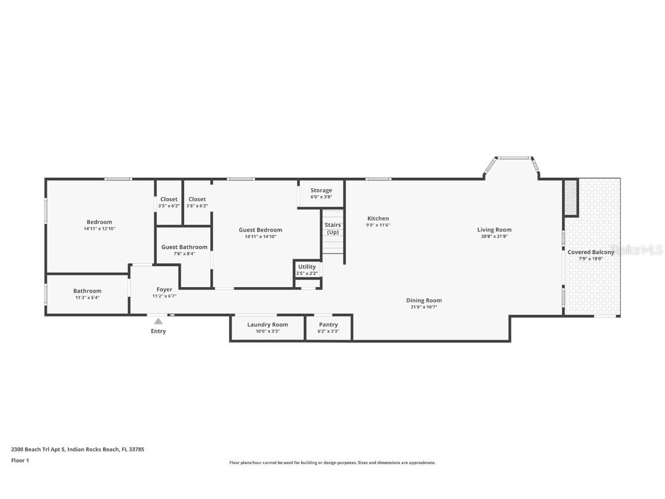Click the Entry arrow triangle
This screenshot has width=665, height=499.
(158, 321)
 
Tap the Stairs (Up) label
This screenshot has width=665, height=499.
(332, 228)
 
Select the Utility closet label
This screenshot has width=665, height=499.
(307, 267)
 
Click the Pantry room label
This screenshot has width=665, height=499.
(328, 325)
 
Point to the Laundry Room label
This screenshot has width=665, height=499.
(267, 325)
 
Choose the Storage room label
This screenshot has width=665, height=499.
(321, 190)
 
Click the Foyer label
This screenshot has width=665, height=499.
(164, 289)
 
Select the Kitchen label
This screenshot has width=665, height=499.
(378, 218)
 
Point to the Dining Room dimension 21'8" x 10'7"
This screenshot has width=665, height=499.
(424, 307)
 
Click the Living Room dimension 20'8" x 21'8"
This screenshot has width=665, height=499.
(494, 236)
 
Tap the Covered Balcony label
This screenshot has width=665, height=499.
(591, 252)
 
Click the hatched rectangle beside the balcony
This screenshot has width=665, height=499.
(570, 198)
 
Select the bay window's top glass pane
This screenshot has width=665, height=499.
(514, 158)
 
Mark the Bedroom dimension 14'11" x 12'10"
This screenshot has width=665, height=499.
(99, 229)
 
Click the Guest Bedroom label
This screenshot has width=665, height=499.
(260, 230)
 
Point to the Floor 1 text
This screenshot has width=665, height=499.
(20, 460)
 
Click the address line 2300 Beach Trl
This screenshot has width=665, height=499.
(77, 449)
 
